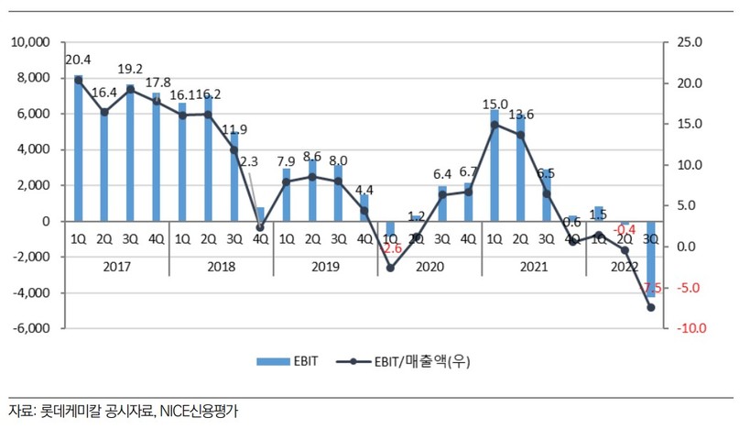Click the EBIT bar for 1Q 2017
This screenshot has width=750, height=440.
coord(78,148)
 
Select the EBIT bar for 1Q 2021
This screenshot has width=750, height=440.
coord(495,166)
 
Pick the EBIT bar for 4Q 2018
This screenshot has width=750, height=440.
coord(260,214)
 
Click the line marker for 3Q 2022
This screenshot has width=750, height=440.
coord(651,308)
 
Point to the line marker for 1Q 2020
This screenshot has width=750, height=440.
coord(390,268)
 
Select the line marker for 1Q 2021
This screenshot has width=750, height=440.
coord(495,125)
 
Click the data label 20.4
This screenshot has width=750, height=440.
coord(78,60)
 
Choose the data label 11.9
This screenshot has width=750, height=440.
coord(234,129)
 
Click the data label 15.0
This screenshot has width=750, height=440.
coord(495,104)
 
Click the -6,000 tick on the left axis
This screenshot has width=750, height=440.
coord(30,329)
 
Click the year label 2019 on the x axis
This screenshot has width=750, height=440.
coord(325,267)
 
